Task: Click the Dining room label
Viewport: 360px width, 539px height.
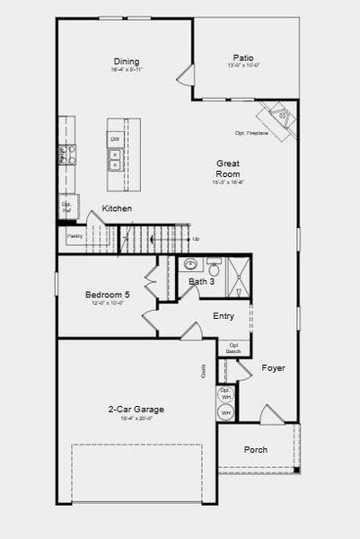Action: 126,61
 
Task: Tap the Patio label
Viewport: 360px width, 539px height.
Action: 242,57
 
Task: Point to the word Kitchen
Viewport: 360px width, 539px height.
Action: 117,208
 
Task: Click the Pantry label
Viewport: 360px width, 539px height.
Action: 75,236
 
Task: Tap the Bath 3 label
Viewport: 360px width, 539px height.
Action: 201,281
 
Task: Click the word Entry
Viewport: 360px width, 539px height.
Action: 224,316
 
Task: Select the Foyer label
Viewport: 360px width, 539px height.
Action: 273,368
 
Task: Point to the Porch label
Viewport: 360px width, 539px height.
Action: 256,449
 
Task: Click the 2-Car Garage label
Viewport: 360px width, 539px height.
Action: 130,409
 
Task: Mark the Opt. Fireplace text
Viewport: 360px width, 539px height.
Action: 252,133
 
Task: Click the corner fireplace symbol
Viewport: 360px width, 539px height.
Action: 277,117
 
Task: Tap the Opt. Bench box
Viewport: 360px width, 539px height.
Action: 233,348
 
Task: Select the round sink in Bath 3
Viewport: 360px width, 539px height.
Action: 190,265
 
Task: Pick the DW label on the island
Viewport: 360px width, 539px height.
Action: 115,139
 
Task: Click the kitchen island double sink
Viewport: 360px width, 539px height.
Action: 115,160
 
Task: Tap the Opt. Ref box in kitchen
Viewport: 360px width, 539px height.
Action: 66,207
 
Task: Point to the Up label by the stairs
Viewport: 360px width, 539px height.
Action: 196,238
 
